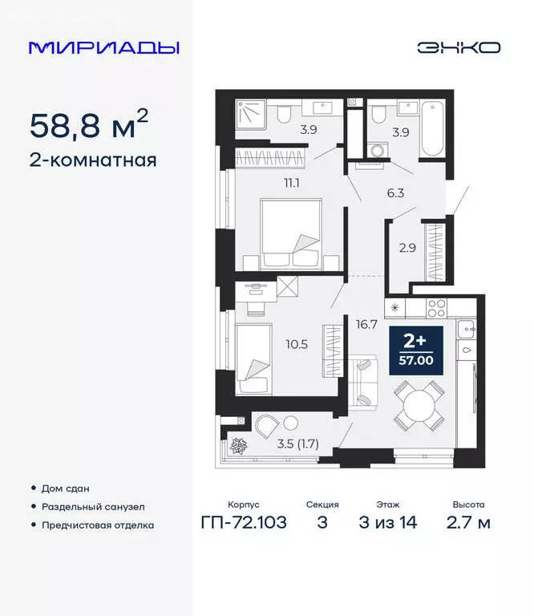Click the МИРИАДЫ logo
(x=104, y=47)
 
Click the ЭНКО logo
(x=459, y=47)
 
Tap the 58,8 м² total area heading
(x=89, y=125)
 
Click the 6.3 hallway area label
(x=394, y=192)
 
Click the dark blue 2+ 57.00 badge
(x=415, y=351)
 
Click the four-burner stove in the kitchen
(x=436, y=307)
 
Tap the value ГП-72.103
(x=243, y=524)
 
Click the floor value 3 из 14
(x=386, y=524)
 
